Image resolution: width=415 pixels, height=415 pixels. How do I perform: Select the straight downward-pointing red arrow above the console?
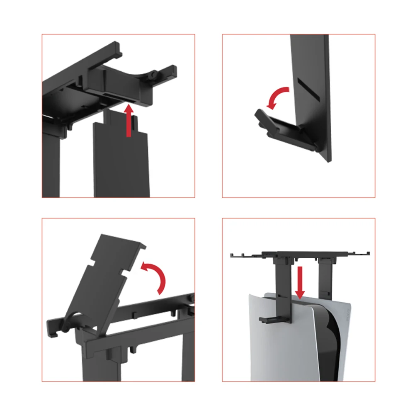click(x=300, y=282)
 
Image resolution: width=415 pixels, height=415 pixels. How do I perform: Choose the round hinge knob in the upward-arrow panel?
click(x=154, y=74)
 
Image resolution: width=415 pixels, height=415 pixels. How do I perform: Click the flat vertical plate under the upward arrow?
click(x=120, y=162)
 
